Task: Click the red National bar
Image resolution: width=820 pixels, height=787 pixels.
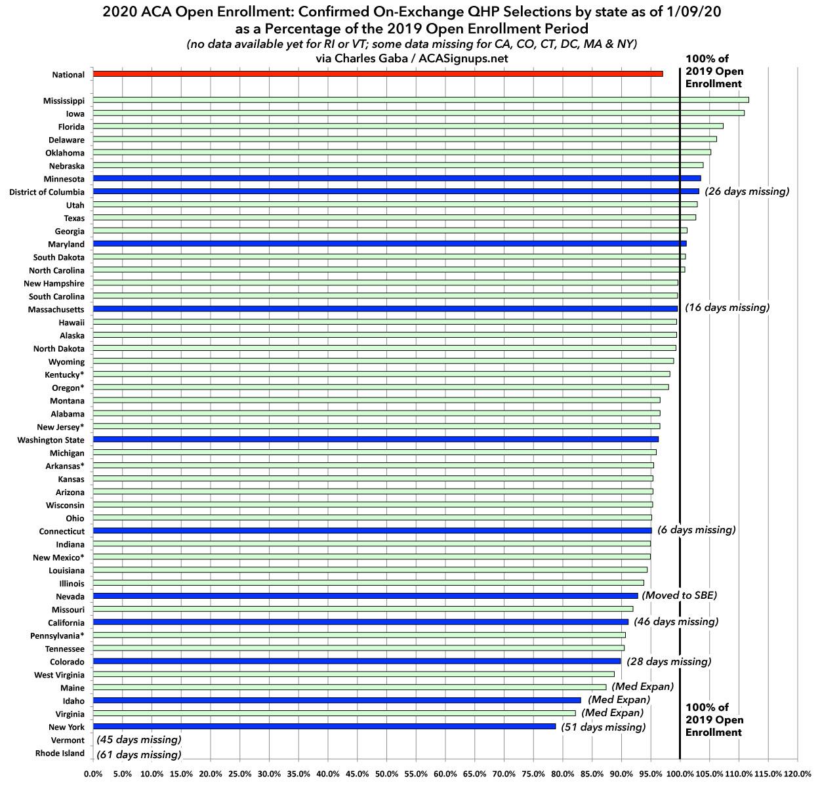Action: (377, 74)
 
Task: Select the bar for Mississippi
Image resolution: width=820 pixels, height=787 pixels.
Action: (420, 100)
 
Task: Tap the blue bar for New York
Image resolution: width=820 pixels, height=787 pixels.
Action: (324, 727)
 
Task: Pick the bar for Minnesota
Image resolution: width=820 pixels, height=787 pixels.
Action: (397, 178)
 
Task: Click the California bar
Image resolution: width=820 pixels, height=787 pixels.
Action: (361, 622)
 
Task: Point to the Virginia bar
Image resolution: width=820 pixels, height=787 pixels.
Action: (335, 714)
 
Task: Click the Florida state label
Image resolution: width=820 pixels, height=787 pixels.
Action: (71, 127)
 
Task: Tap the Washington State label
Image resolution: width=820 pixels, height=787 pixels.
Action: (51, 440)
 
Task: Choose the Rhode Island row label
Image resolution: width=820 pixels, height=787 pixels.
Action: (60, 754)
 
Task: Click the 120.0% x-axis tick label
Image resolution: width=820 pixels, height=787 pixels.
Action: (797, 775)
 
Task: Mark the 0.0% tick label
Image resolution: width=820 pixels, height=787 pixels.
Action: (94, 775)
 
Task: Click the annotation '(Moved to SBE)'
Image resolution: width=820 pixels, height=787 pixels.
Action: (679, 595)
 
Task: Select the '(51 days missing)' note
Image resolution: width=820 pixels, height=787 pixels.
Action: (604, 727)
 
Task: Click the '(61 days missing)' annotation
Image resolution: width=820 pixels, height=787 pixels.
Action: (138, 755)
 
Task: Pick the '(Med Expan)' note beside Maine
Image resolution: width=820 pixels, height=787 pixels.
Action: (642, 687)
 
